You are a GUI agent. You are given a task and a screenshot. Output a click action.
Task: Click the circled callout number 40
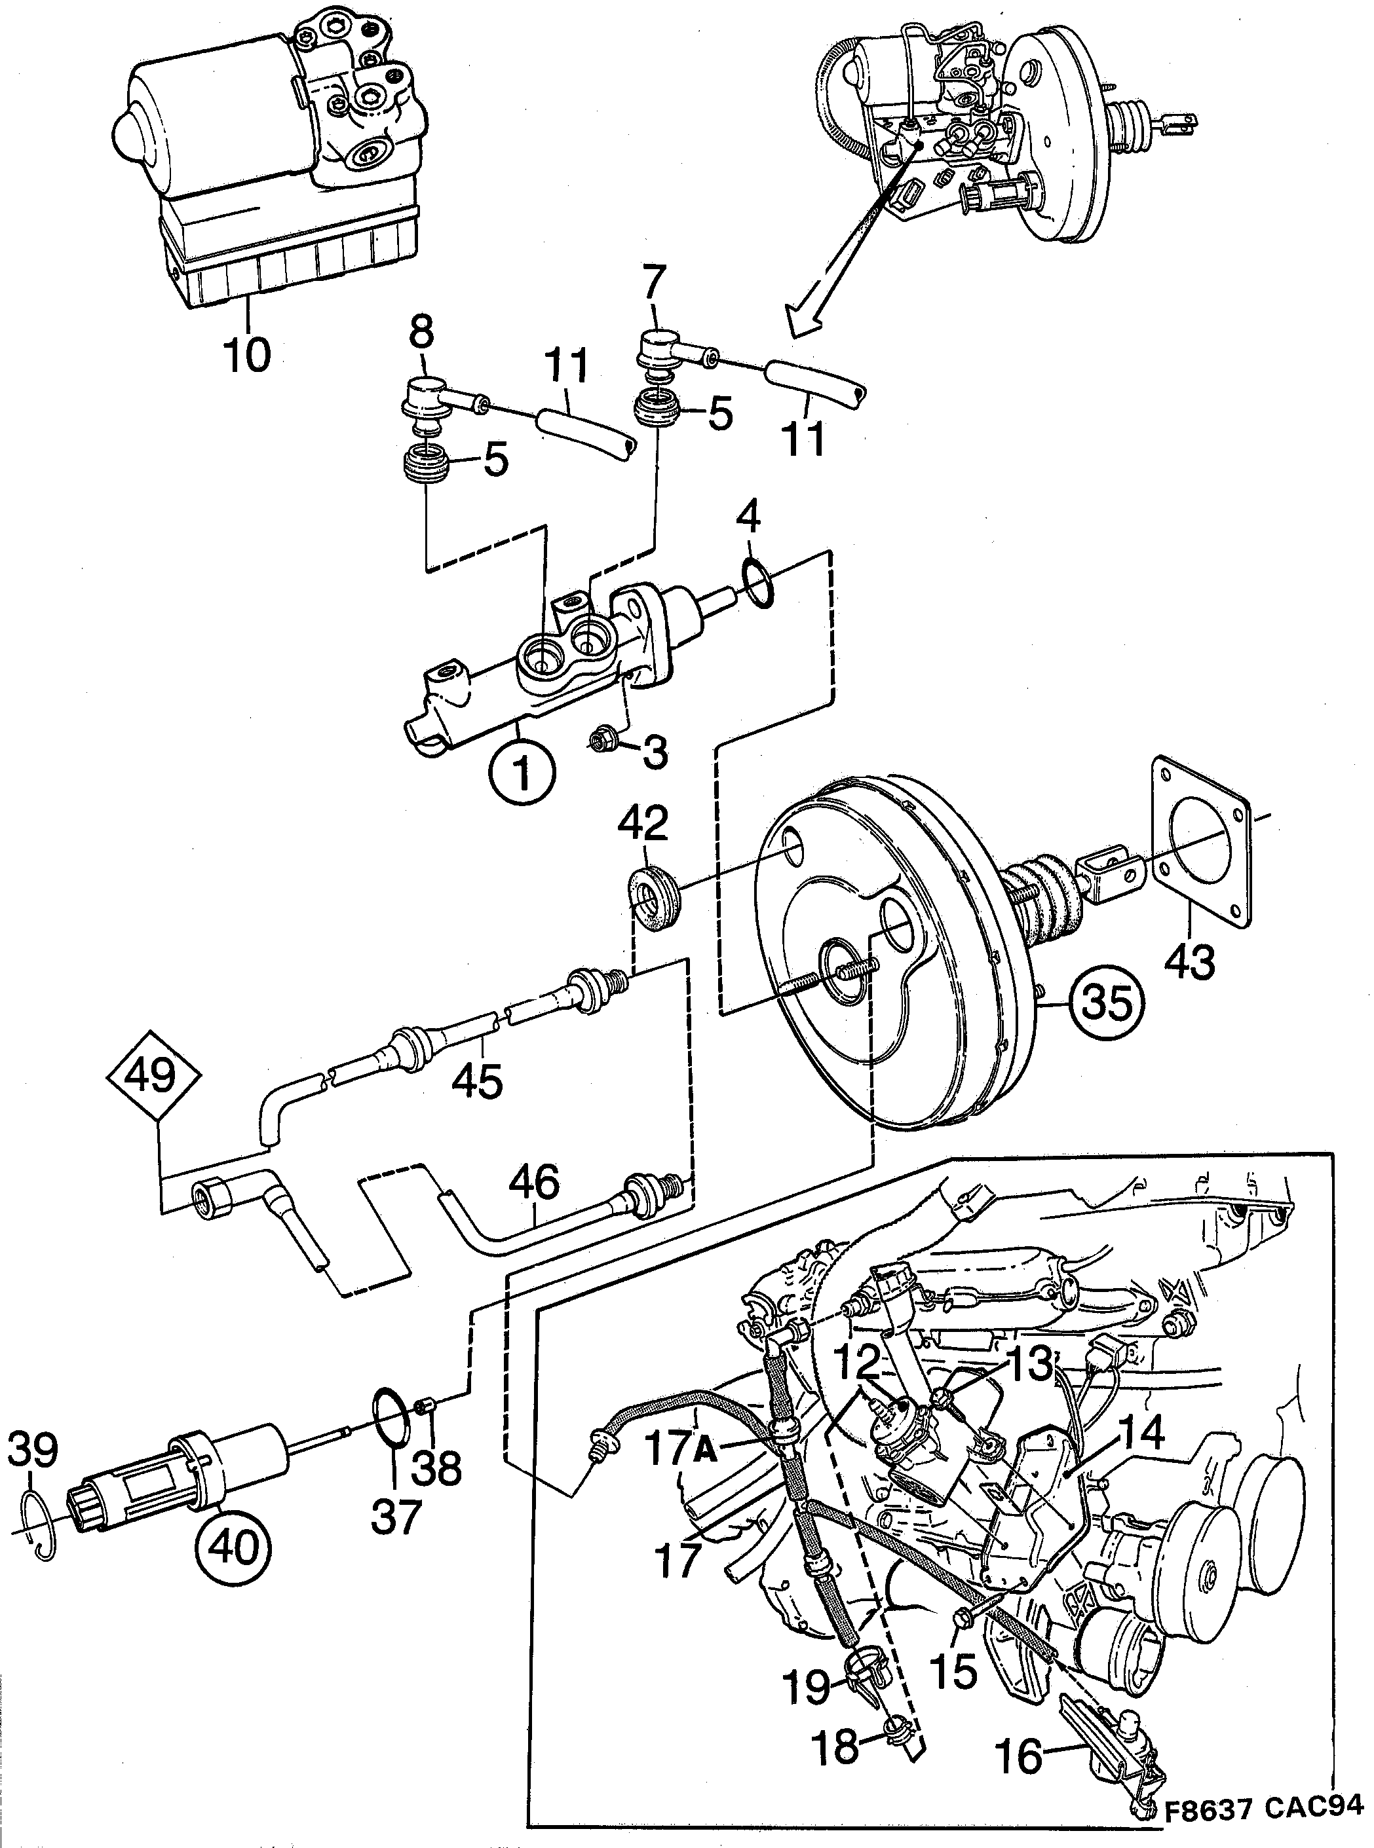[233, 1546]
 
